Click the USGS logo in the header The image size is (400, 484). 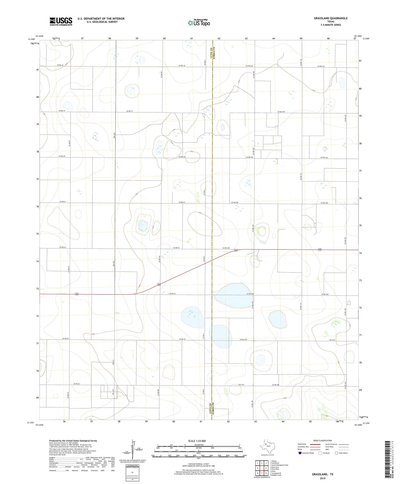61,21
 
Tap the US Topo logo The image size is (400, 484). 198,23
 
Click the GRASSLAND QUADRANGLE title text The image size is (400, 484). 331,18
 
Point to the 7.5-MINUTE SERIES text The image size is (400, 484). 331,25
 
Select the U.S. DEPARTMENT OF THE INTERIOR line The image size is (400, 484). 101,19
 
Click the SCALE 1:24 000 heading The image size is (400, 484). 197,441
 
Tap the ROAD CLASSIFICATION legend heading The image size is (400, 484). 322,440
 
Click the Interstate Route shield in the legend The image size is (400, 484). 300,453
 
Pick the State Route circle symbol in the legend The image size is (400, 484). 337,453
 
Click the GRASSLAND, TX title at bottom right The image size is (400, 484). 322,474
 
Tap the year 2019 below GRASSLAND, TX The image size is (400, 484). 322,478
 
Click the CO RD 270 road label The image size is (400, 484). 243,340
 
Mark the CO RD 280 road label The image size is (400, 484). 275,385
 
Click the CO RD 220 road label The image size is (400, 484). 281,112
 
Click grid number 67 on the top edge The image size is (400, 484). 355,39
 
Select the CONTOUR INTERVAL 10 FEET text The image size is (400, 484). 198,464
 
